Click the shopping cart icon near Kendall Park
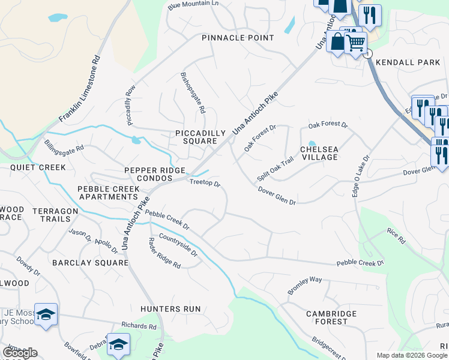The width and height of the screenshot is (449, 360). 355,43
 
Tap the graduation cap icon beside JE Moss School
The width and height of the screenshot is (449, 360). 46,314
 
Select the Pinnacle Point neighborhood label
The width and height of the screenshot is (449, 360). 238,38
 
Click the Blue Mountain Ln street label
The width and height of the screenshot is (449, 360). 193,5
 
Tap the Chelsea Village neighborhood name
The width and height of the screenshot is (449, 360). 319,153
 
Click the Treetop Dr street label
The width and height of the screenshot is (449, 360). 205,182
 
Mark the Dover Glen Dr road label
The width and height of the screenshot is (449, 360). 277,196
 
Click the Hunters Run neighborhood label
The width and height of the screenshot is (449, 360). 170,309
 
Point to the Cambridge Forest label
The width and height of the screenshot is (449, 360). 331,317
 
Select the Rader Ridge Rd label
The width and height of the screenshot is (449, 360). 164,253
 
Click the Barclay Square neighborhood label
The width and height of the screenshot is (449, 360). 90,263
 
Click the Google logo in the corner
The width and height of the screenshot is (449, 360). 20,353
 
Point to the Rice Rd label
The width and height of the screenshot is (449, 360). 396,236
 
